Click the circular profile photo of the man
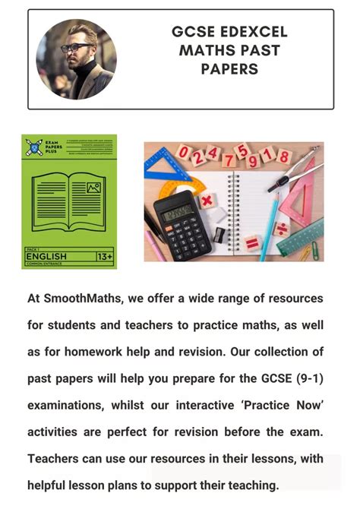pos(76,59)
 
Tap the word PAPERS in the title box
pos(229,69)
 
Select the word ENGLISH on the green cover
pos(46,257)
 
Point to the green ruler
pos(300,239)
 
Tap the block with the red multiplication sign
pos(207,202)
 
